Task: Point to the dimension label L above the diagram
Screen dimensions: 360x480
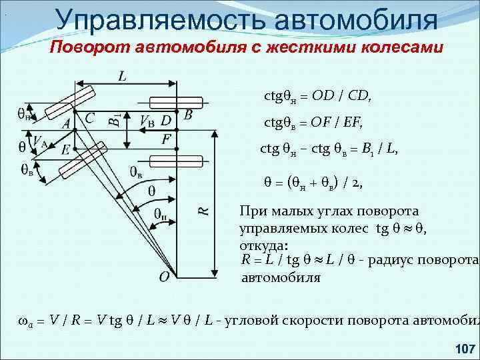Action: click(122, 77)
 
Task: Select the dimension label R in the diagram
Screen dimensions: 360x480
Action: click(204, 210)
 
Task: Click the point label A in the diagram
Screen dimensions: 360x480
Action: click(66, 124)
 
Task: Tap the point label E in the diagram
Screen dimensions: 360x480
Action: click(65, 150)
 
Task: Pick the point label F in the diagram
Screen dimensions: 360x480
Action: click(166, 139)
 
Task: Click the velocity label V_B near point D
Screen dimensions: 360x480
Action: click(147, 121)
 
